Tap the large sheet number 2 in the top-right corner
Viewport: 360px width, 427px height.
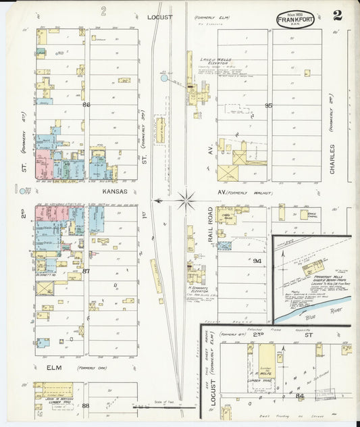336,16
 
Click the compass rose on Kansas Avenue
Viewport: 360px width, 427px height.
186,200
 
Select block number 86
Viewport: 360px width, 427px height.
86,105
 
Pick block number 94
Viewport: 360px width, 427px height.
257,260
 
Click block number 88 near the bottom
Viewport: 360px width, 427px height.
86,405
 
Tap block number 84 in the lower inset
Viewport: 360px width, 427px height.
299,396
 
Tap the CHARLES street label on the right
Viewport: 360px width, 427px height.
333,159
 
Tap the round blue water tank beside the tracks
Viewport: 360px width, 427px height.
164,78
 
